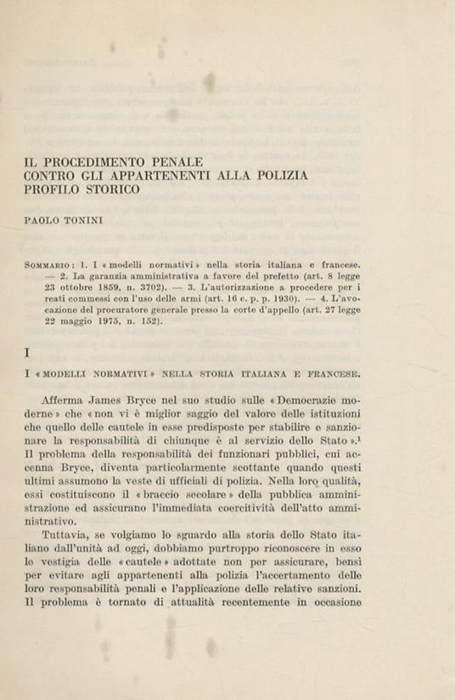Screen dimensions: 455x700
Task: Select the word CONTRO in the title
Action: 55,175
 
